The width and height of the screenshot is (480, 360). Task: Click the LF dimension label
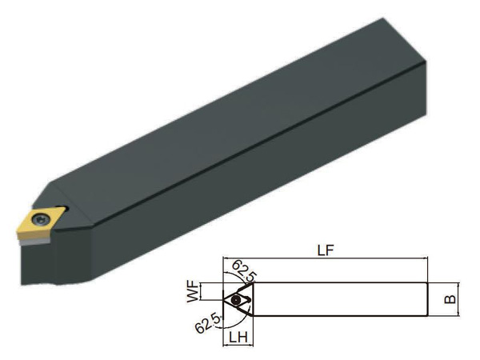pyautogui.click(x=325, y=250)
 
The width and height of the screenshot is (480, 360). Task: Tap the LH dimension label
pyautogui.click(x=238, y=338)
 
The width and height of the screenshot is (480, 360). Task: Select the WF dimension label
pyautogui.click(x=193, y=292)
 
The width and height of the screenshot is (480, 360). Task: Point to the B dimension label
pyautogui.click(x=450, y=299)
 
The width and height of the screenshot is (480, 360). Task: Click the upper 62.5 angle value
pyautogui.click(x=242, y=271)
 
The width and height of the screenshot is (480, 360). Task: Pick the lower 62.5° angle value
pyautogui.click(x=208, y=323)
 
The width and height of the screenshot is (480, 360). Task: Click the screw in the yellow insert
pyautogui.click(x=40, y=219)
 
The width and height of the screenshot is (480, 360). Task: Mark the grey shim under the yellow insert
pyautogui.click(x=34, y=242)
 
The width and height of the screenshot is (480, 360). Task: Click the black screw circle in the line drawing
pyautogui.click(x=236, y=300)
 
